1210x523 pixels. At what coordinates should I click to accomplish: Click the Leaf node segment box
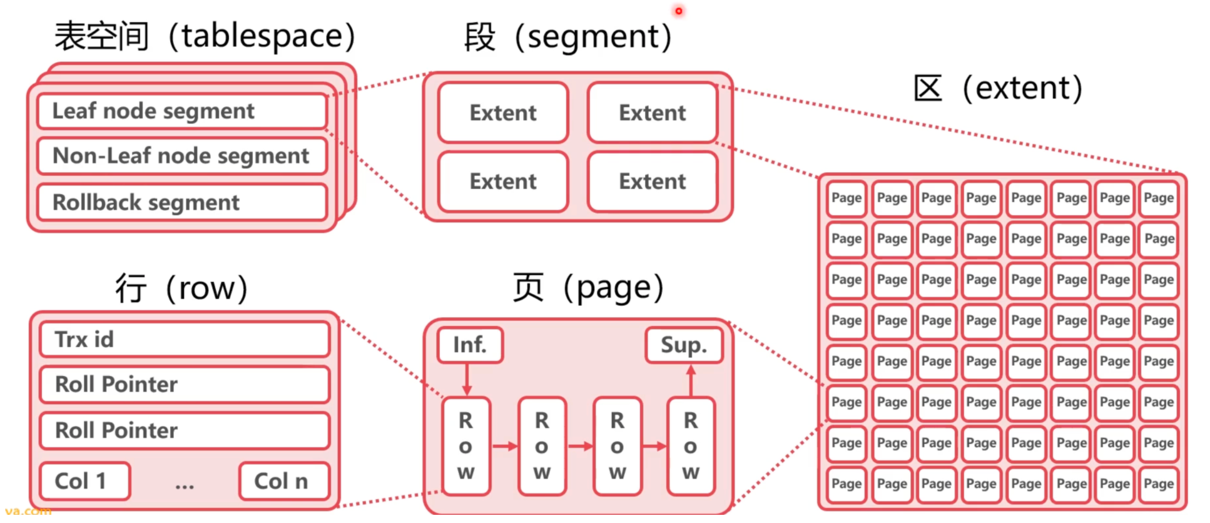181,111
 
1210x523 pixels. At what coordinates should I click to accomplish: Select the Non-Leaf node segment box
181,156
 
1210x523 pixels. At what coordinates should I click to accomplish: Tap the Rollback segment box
181,202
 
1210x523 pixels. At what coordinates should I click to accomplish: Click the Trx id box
184,339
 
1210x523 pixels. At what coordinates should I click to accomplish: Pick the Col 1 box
84,481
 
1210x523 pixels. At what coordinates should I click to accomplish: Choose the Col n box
284,481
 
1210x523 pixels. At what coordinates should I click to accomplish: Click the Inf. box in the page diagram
470,345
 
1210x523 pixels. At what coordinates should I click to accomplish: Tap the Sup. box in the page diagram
684,345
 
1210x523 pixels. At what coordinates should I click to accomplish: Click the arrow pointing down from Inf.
467,380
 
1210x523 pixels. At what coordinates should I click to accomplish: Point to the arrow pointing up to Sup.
691,380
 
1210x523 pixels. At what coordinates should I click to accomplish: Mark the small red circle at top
678,11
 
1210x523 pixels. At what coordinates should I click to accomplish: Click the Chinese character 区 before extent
928,88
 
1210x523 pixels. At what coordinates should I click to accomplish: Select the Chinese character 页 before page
528,288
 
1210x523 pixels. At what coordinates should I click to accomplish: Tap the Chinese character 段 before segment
480,36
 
